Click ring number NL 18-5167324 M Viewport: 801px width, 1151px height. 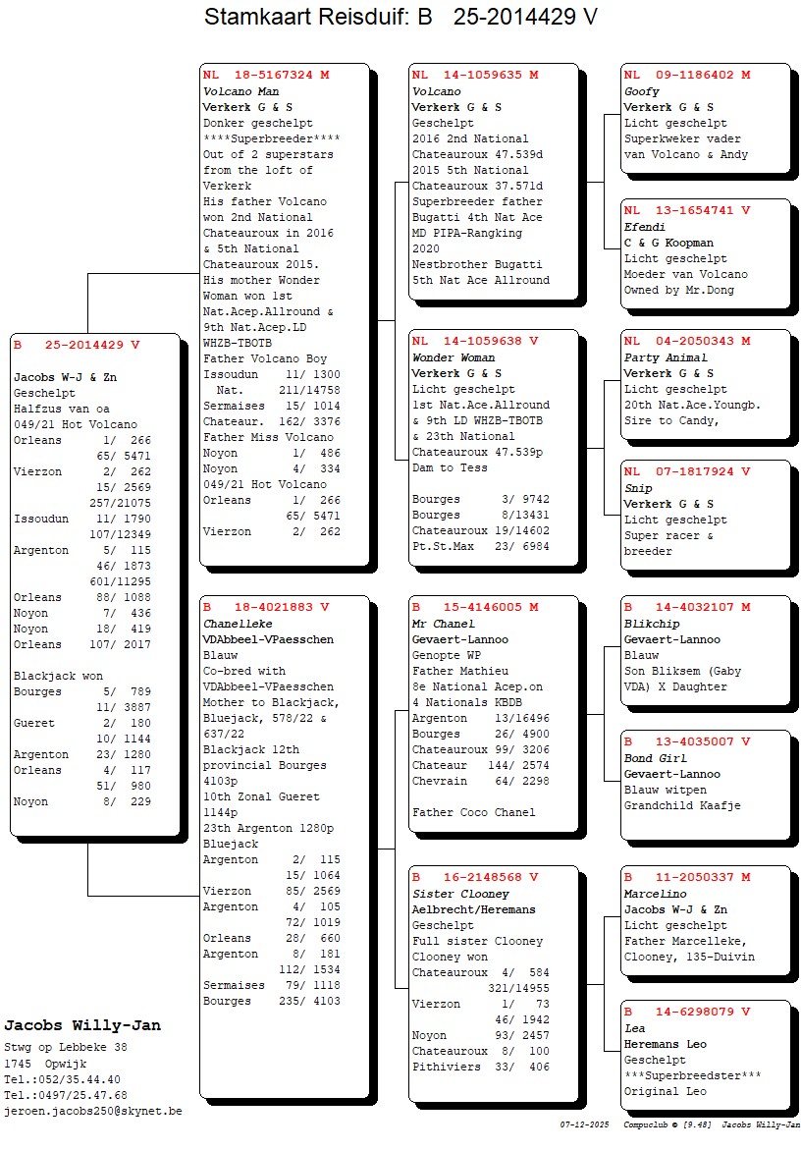266,75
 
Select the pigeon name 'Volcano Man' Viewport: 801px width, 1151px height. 240,91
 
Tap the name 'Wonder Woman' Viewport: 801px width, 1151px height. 454,357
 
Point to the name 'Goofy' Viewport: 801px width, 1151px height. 642,91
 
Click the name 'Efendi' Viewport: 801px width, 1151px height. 645,227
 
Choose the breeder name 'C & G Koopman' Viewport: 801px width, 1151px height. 668,243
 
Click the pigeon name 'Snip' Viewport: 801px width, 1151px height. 638,488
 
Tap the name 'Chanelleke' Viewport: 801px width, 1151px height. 238,624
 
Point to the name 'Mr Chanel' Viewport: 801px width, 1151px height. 444,624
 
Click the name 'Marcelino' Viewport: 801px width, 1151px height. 655,894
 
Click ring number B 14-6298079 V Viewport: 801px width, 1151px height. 687,1012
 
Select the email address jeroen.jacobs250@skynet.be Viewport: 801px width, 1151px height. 93,1111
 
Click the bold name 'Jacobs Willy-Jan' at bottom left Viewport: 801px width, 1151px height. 82,1025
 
